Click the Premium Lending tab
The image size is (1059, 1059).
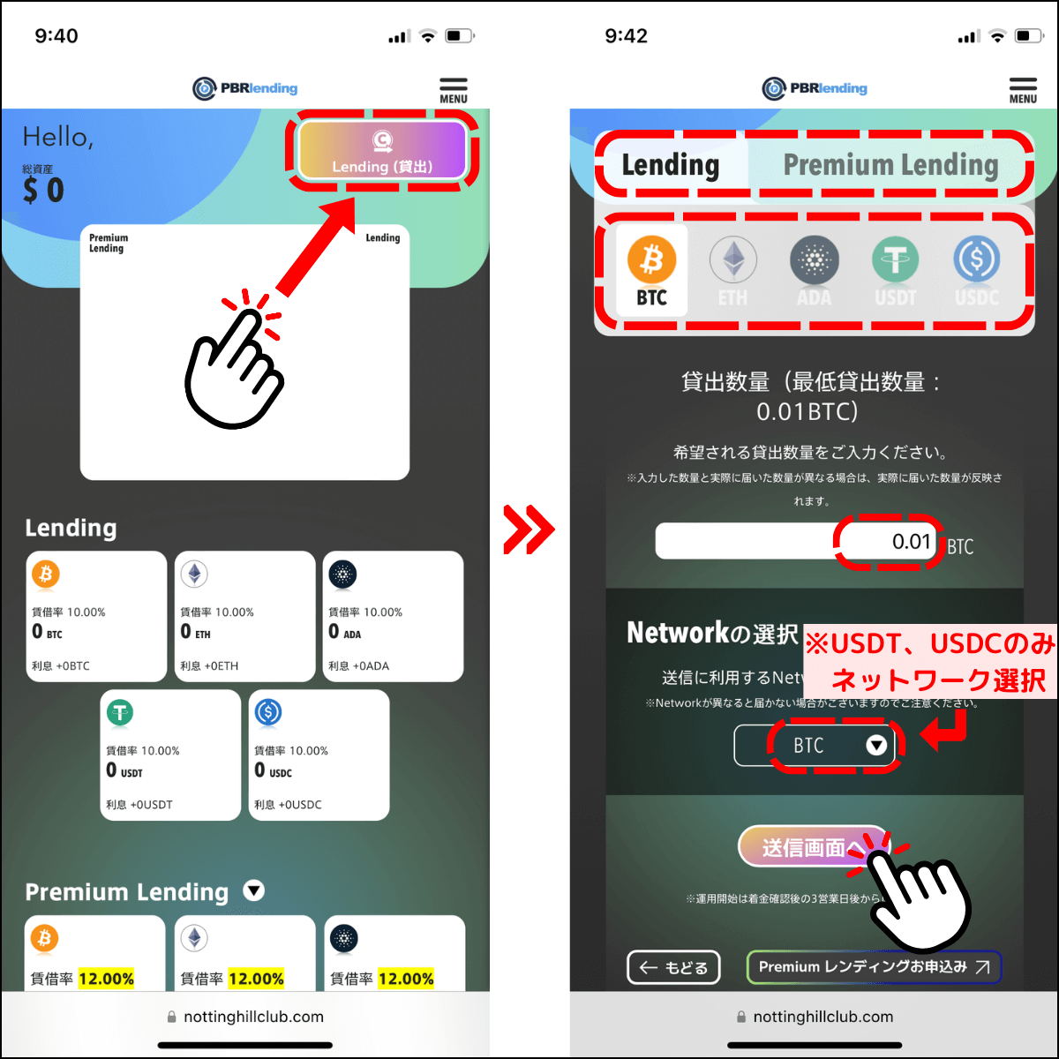[x=890, y=165]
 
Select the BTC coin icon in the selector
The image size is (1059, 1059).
[x=651, y=270]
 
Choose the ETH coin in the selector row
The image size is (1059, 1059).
[x=732, y=270]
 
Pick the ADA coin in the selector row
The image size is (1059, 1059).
[x=814, y=270]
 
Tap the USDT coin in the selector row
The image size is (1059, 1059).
[x=895, y=270]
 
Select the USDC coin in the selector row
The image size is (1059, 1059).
[x=976, y=270]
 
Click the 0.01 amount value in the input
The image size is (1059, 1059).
[x=911, y=541]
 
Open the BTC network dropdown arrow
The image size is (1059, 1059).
[x=875, y=746]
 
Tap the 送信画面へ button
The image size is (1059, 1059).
[x=803, y=847]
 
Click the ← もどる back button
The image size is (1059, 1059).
[x=673, y=967]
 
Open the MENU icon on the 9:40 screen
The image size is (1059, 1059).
[x=454, y=90]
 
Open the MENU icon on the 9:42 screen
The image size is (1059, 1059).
[x=1023, y=90]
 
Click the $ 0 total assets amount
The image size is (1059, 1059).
[x=44, y=190]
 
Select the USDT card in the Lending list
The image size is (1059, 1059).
[x=170, y=755]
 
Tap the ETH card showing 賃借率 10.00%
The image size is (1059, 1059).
[x=244, y=616]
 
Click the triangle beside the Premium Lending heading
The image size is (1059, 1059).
[x=253, y=890]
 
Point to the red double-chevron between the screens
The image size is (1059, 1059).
[x=529, y=529]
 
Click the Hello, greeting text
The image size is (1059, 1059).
[x=58, y=137]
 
